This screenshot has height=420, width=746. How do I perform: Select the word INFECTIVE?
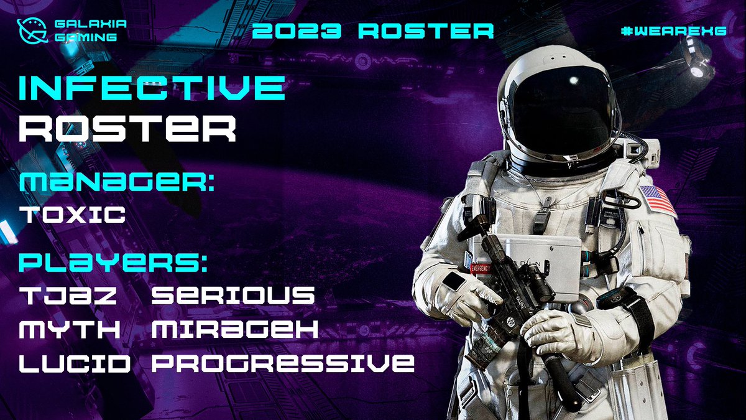[152, 89]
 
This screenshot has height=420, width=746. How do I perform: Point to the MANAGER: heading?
[117, 184]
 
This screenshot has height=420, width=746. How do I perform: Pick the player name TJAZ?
[69, 296]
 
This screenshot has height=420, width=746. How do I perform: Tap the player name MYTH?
[70, 329]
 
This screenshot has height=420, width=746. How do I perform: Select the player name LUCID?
[75, 363]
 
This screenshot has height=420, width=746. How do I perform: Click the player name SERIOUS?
[233, 296]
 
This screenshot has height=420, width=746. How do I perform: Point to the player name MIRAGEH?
[235, 329]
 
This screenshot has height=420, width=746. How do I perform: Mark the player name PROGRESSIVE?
[283, 363]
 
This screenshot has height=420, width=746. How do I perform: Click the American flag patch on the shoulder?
[657, 200]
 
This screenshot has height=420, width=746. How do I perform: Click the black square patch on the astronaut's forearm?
[454, 281]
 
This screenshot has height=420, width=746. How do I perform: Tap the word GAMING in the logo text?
[85, 37]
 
